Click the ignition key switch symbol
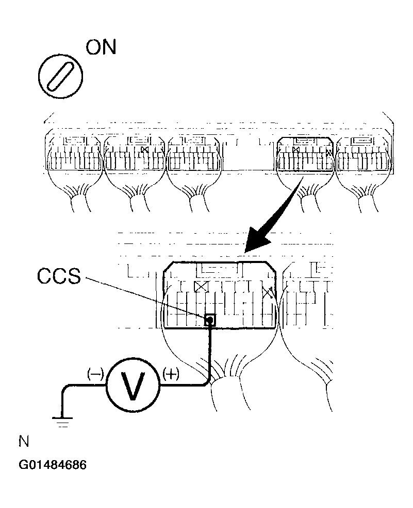61,76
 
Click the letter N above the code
24,443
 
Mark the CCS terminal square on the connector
210,321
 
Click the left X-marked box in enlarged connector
200,287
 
